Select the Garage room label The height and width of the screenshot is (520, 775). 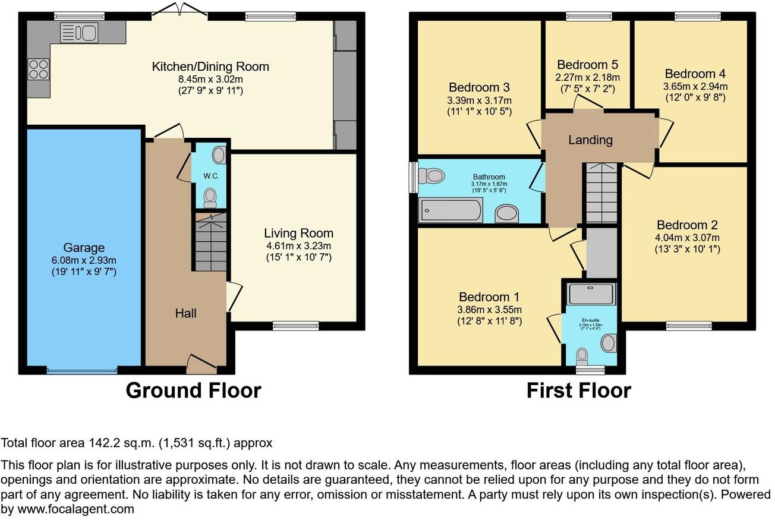tap(84, 248)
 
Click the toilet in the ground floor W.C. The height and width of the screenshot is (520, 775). tap(210, 196)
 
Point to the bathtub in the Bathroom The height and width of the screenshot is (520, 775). tap(450, 210)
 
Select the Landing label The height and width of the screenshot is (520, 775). tap(590, 140)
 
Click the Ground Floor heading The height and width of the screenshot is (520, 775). tap(193, 390)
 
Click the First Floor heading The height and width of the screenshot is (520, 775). tap(578, 390)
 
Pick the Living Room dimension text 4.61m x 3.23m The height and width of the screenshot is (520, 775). tap(298, 245)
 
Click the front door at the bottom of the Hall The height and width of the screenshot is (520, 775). tap(201, 364)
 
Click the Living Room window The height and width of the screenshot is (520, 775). tap(295, 325)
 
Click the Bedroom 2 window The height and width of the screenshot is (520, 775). tap(683, 325)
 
